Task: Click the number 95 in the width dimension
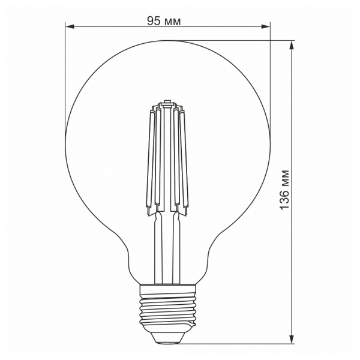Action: pos(154,21)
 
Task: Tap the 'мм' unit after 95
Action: pos(172,22)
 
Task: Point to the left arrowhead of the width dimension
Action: pos(70,27)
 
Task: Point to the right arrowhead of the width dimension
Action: pos(266,27)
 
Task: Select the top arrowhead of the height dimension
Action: pos(292,46)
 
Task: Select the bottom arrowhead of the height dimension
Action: pos(292,340)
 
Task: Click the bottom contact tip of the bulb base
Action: pos(168,342)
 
